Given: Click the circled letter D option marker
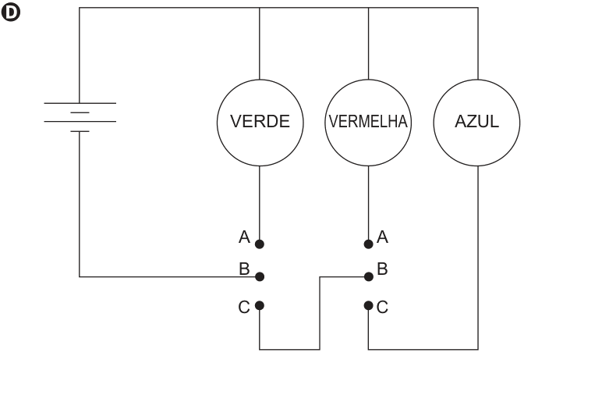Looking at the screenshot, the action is [11, 12].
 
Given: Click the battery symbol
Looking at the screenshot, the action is [80, 117].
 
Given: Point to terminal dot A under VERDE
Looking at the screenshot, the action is [260, 244].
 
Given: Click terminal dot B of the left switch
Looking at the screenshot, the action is [260, 276].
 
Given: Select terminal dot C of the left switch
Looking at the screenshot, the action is [260, 305].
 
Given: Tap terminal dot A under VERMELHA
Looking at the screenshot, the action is [369, 244].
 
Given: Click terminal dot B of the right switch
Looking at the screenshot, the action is [369, 276].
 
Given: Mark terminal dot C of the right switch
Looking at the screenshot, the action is [369, 305].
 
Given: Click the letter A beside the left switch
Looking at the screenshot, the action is [244, 237].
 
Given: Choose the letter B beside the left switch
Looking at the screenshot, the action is [244, 269].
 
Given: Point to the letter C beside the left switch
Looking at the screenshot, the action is [244, 308].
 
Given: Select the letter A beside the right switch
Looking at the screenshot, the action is [382, 237].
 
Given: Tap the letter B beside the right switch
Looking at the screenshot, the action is [382, 269].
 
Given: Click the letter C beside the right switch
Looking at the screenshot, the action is [382, 308].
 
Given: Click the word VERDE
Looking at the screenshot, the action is [260, 122].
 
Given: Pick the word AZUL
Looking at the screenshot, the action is [476, 122].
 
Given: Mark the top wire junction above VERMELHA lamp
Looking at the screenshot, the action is [369, 8].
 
